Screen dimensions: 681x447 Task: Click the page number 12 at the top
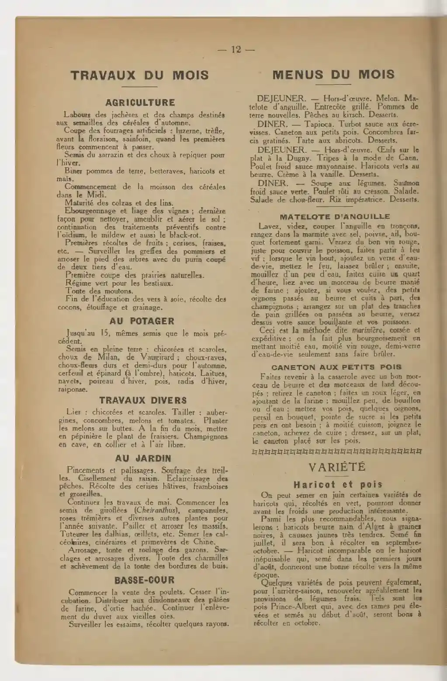(x=236, y=49)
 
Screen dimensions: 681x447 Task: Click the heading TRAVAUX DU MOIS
(x=140, y=75)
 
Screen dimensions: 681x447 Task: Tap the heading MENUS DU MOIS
(x=333, y=74)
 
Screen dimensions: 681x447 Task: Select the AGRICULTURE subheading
(x=140, y=103)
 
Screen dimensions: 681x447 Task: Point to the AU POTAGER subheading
(x=142, y=321)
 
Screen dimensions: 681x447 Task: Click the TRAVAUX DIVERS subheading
(x=143, y=400)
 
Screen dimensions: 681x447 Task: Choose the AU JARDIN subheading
(x=143, y=459)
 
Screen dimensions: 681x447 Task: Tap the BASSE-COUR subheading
(x=144, y=580)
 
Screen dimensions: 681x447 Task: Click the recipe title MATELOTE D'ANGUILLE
(x=335, y=217)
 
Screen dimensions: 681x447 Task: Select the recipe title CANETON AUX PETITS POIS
(x=336, y=367)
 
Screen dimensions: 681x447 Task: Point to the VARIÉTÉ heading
(x=337, y=467)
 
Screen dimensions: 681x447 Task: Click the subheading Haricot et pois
(x=338, y=484)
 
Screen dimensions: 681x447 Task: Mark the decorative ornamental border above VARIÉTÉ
(x=337, y=452)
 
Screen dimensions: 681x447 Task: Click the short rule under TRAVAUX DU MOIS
(x=139, y=86)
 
